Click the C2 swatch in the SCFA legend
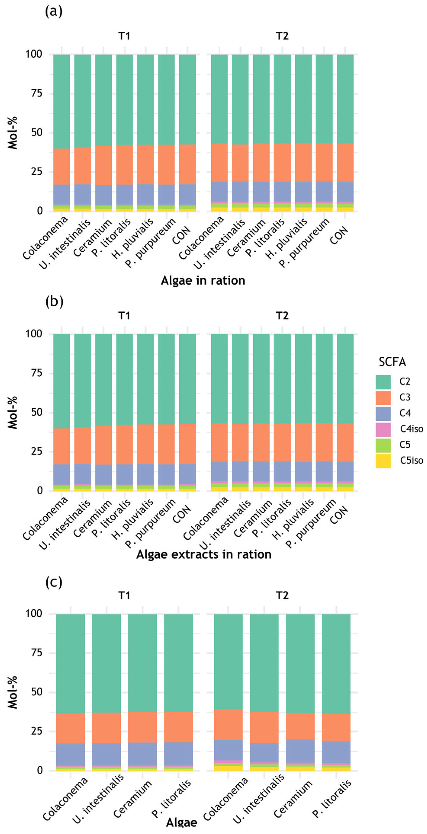pos(383,382)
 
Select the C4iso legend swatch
pos(383,430)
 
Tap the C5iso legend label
pos(411,460)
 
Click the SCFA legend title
pos(392,362)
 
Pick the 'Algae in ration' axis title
pos(203,280)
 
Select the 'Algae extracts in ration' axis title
pos(204,554)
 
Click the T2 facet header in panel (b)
pos(282,316)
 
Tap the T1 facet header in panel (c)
pos(124,595)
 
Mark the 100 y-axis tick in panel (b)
pos(34,334)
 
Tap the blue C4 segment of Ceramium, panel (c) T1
pos(142,754)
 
